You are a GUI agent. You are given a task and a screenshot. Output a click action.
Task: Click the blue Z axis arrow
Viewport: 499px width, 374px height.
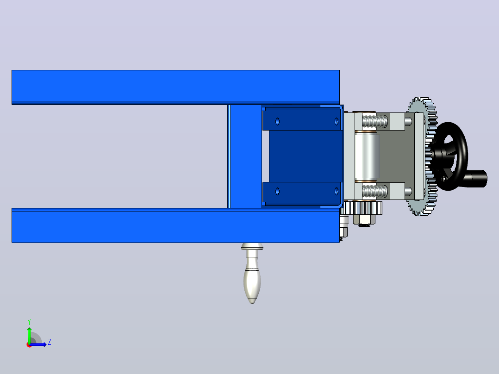click(x=37, y=344)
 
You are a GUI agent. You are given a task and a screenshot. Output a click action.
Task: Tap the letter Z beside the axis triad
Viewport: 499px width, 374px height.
click(x=50, y=342)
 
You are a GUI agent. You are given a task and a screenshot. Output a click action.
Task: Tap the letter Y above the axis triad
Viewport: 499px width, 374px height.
click(x=29, y=322)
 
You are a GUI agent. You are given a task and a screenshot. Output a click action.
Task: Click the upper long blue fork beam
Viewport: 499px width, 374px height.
click(x=176, y=87)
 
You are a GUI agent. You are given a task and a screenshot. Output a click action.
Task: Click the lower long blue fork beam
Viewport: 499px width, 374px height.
click(x=176, y=225)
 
